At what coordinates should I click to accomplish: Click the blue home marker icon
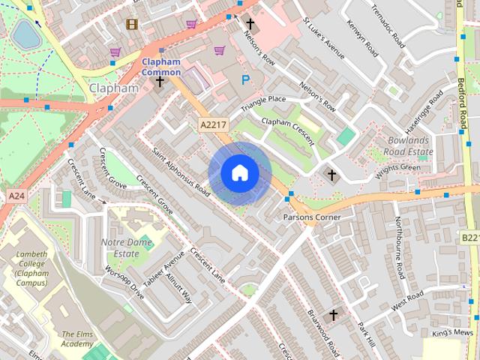(x=239, y=173)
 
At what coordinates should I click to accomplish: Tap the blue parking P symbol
(x=244, y=79)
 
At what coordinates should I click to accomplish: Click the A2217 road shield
(x=212, y=124)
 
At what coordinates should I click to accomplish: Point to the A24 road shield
(x=16, y=196)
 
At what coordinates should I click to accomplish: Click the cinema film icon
(x=133, y=24)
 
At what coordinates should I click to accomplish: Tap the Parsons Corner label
(x=311, y=217)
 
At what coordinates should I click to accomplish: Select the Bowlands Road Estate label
(x=411, y=145)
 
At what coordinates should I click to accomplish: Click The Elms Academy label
(x=77, y=338)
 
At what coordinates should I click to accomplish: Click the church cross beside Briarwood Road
(x=332, y=315)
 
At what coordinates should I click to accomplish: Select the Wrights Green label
(x=398, y=167)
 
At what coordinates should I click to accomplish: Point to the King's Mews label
(x=451, y=332)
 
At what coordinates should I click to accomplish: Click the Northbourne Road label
(x=400, y=245)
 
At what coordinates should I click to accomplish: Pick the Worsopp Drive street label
(x=124, y=281)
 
